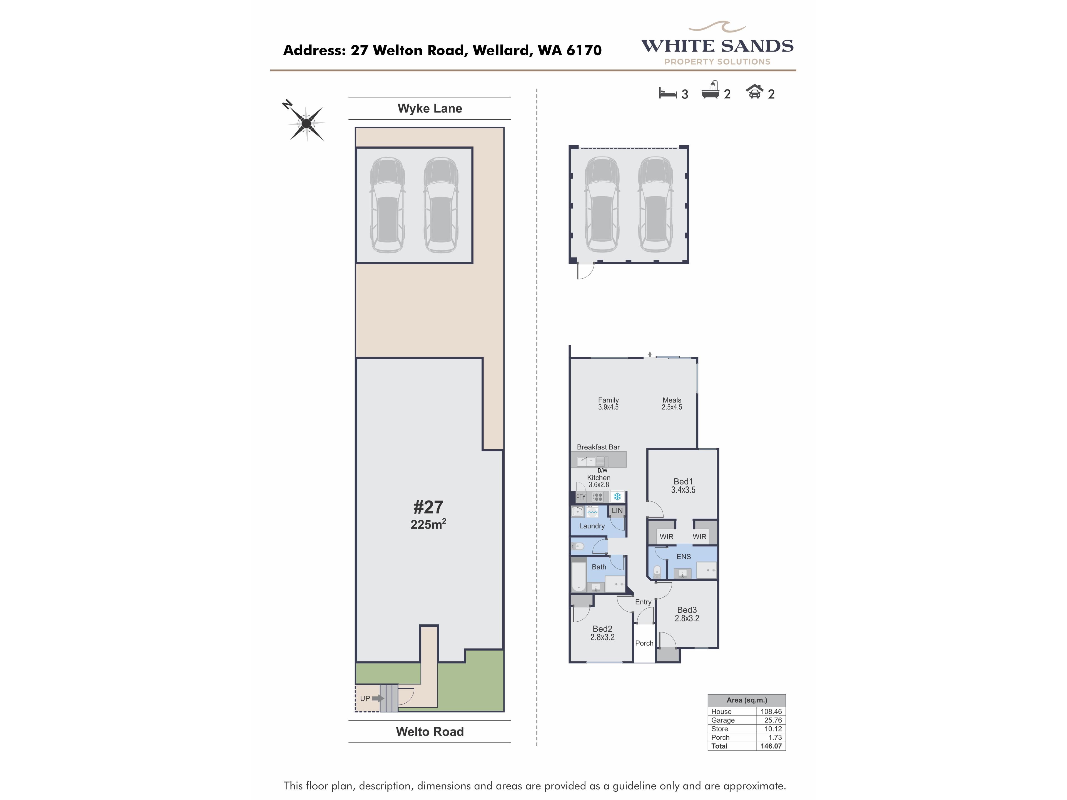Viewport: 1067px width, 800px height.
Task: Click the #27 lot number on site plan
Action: point(428,507)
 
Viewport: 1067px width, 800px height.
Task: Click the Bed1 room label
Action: point(683,481)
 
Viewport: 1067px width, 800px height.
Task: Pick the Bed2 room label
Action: point(602,629)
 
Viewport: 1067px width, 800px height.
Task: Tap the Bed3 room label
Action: point(687,610)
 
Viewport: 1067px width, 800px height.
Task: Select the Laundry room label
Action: point(592,526)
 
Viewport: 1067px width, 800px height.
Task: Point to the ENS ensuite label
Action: point(684,556)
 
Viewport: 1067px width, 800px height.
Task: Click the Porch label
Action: point(644,643)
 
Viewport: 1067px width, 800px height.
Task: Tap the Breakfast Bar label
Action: point(598,447)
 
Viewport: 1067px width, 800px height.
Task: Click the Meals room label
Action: point(672,400)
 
